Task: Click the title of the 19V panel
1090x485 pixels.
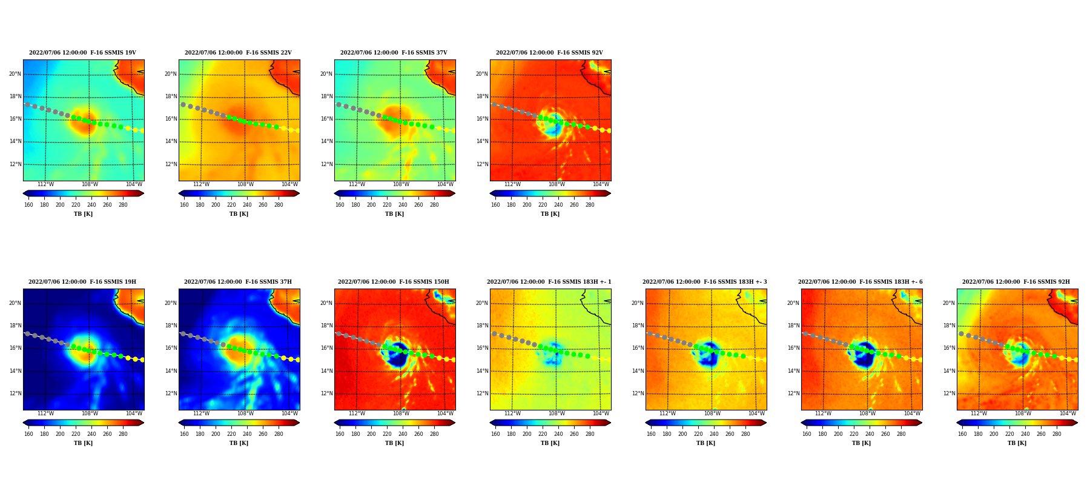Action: tap(82, 53)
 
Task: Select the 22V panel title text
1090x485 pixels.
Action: tap(238, 53)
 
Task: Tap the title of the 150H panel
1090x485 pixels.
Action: tap(394, 282)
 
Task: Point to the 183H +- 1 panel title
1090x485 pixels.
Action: tap(549, 282)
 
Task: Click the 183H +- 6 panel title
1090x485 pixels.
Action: tap(860, 282)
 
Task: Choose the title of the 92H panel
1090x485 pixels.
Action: tap(1016, 282)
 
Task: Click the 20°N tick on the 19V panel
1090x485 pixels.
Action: tap(15, 74)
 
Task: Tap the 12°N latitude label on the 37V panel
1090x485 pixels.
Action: tap(326, 164)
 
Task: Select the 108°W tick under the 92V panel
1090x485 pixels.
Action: tap(557, 184)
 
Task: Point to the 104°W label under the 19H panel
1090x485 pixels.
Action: tap(134, 413)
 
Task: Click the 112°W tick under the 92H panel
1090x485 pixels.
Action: tap(979, 413)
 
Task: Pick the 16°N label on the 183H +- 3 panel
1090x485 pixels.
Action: tap(638, 349)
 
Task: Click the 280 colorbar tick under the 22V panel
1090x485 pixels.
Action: tap(279, 205)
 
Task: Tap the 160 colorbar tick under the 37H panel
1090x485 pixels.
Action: tap(184, 434)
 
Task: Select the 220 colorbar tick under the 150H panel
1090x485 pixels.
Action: tap(387, 434)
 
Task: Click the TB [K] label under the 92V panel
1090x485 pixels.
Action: tap(550, 214)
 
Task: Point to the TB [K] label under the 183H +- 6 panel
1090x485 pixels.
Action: tap(861, 443)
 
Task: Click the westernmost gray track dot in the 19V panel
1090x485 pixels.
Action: tap(27, 104)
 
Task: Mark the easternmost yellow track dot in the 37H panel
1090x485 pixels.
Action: tap(297, 360)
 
